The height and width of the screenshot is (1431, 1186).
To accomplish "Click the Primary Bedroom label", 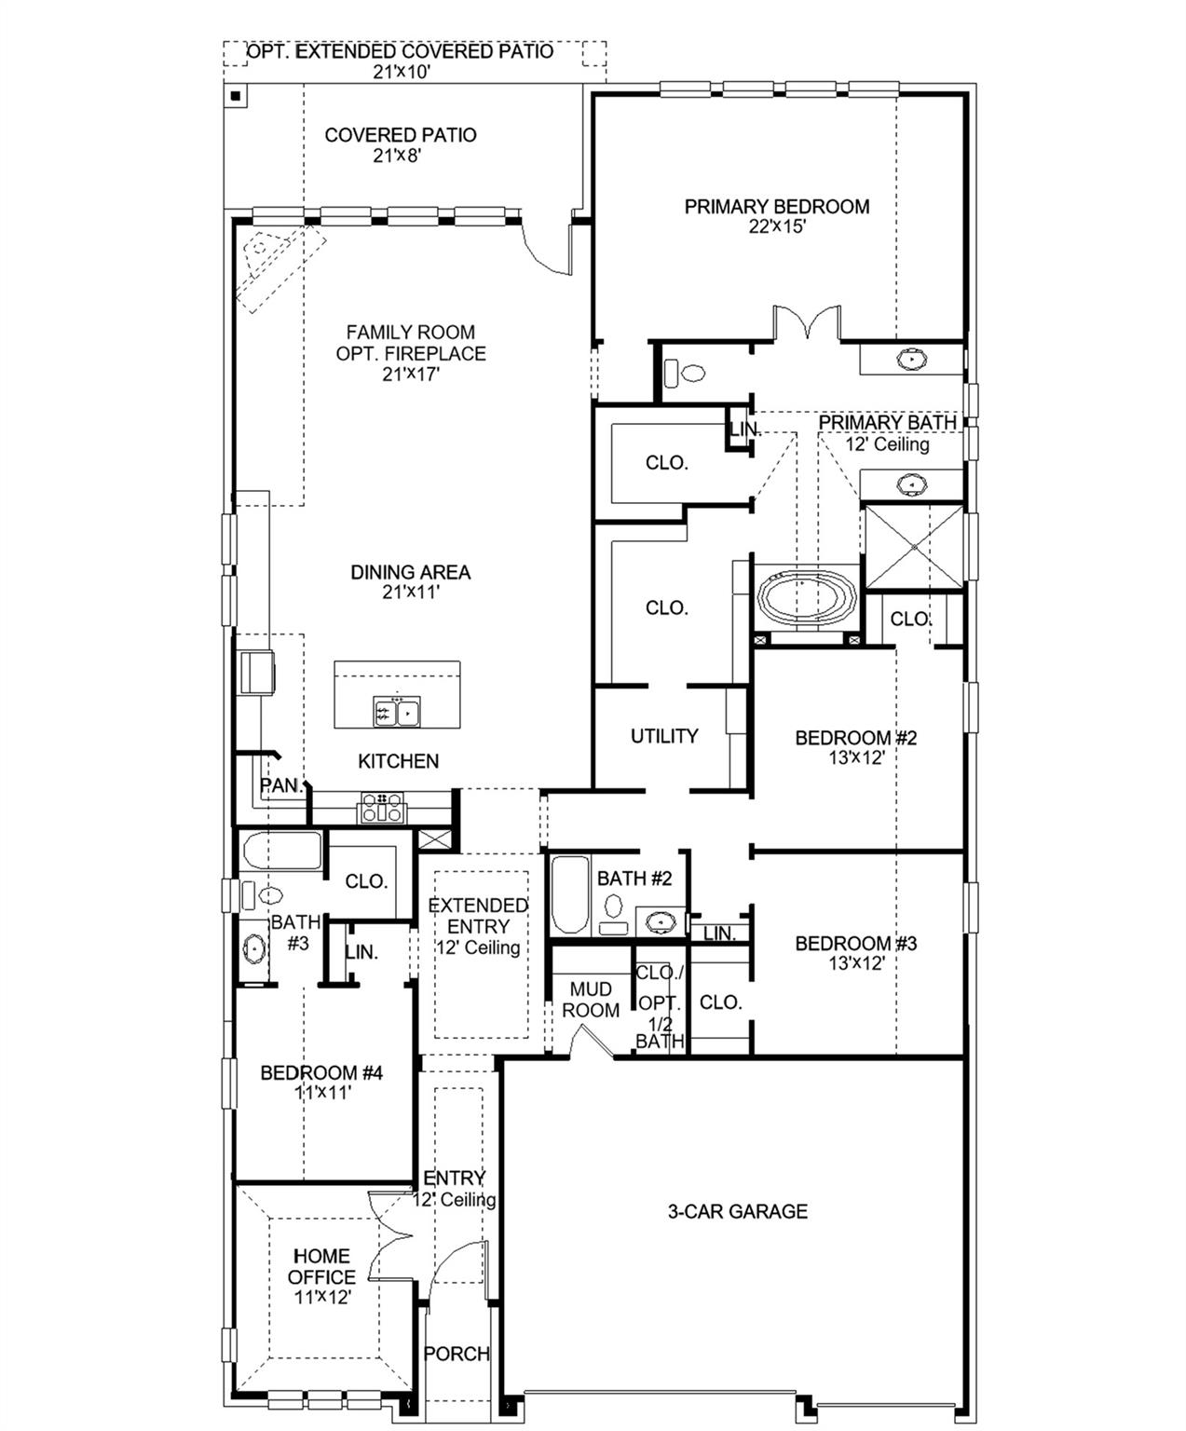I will (x=777, y=207).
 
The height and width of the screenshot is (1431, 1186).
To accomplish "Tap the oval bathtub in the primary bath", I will (x=807, y=597).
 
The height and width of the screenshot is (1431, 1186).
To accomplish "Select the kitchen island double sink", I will (x=397, y=713).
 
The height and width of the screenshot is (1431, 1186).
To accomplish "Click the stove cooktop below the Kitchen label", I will (x=382, y=807).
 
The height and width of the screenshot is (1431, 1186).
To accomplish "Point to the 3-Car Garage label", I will (x=737, y=1211).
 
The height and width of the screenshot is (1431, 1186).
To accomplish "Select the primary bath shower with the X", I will (x=914, y=546).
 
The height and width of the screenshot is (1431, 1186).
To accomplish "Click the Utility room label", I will (x=663, y=736).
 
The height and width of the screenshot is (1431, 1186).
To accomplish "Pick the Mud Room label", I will (x=591, y=1000).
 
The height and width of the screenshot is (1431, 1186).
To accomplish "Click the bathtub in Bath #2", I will (x=569, y=895).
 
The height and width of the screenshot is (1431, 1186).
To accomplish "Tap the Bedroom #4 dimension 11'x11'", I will (x=322, y=1094).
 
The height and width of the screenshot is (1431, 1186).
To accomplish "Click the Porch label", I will (x=457, y=1354).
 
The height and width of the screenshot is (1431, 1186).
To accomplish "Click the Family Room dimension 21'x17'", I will (x=411, y=375).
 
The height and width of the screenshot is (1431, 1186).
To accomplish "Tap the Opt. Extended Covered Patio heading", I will (x=400, y=51).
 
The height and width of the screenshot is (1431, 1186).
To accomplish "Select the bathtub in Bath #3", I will (x=281, y=851).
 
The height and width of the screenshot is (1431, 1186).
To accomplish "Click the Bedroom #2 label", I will (x=855, y=738).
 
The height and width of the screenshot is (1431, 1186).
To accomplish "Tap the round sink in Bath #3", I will (x=253, y=949).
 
